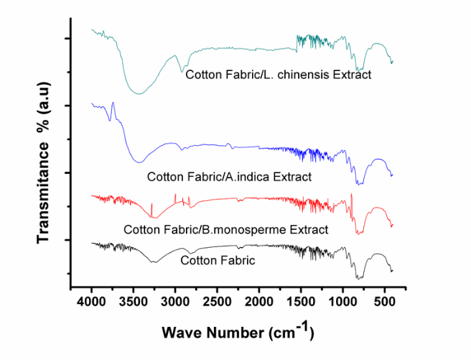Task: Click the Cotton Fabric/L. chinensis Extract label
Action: coord(278,74)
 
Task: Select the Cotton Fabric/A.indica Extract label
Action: coord(229,176)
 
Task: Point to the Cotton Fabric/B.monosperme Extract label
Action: coord(225,230)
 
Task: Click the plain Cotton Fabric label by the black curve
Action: coord(218,260)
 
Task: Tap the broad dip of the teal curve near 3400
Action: coord(139,93)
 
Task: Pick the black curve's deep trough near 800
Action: coord(359,278)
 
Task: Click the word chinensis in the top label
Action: coord(309,74)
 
